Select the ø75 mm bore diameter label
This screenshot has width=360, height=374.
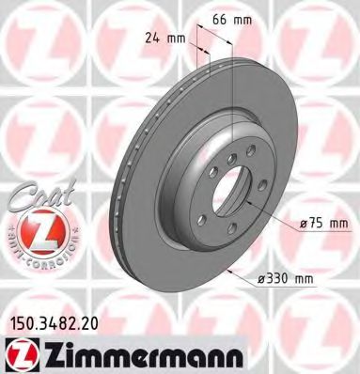pos(321,222)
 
